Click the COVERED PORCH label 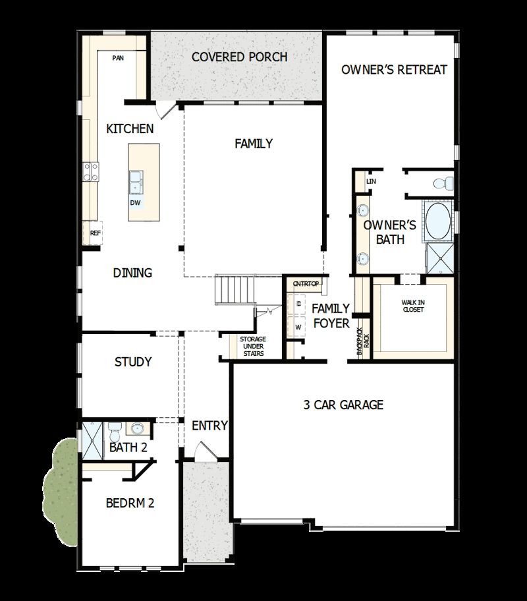[x=239, y=57]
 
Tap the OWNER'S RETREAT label [x=394, y=70]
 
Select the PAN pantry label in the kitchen [x=118, y=58]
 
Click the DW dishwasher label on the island [x=135, y=203]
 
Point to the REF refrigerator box [x=96, y=233]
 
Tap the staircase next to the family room [x=235, y=290]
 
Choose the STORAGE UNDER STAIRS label [x=252, y=347]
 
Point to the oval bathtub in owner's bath [x=436, y=221]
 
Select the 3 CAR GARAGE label [x=343, y=405]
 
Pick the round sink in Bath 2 [x=137, y=429]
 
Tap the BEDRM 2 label [x=130, y=503]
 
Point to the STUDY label [x=133, y=362]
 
